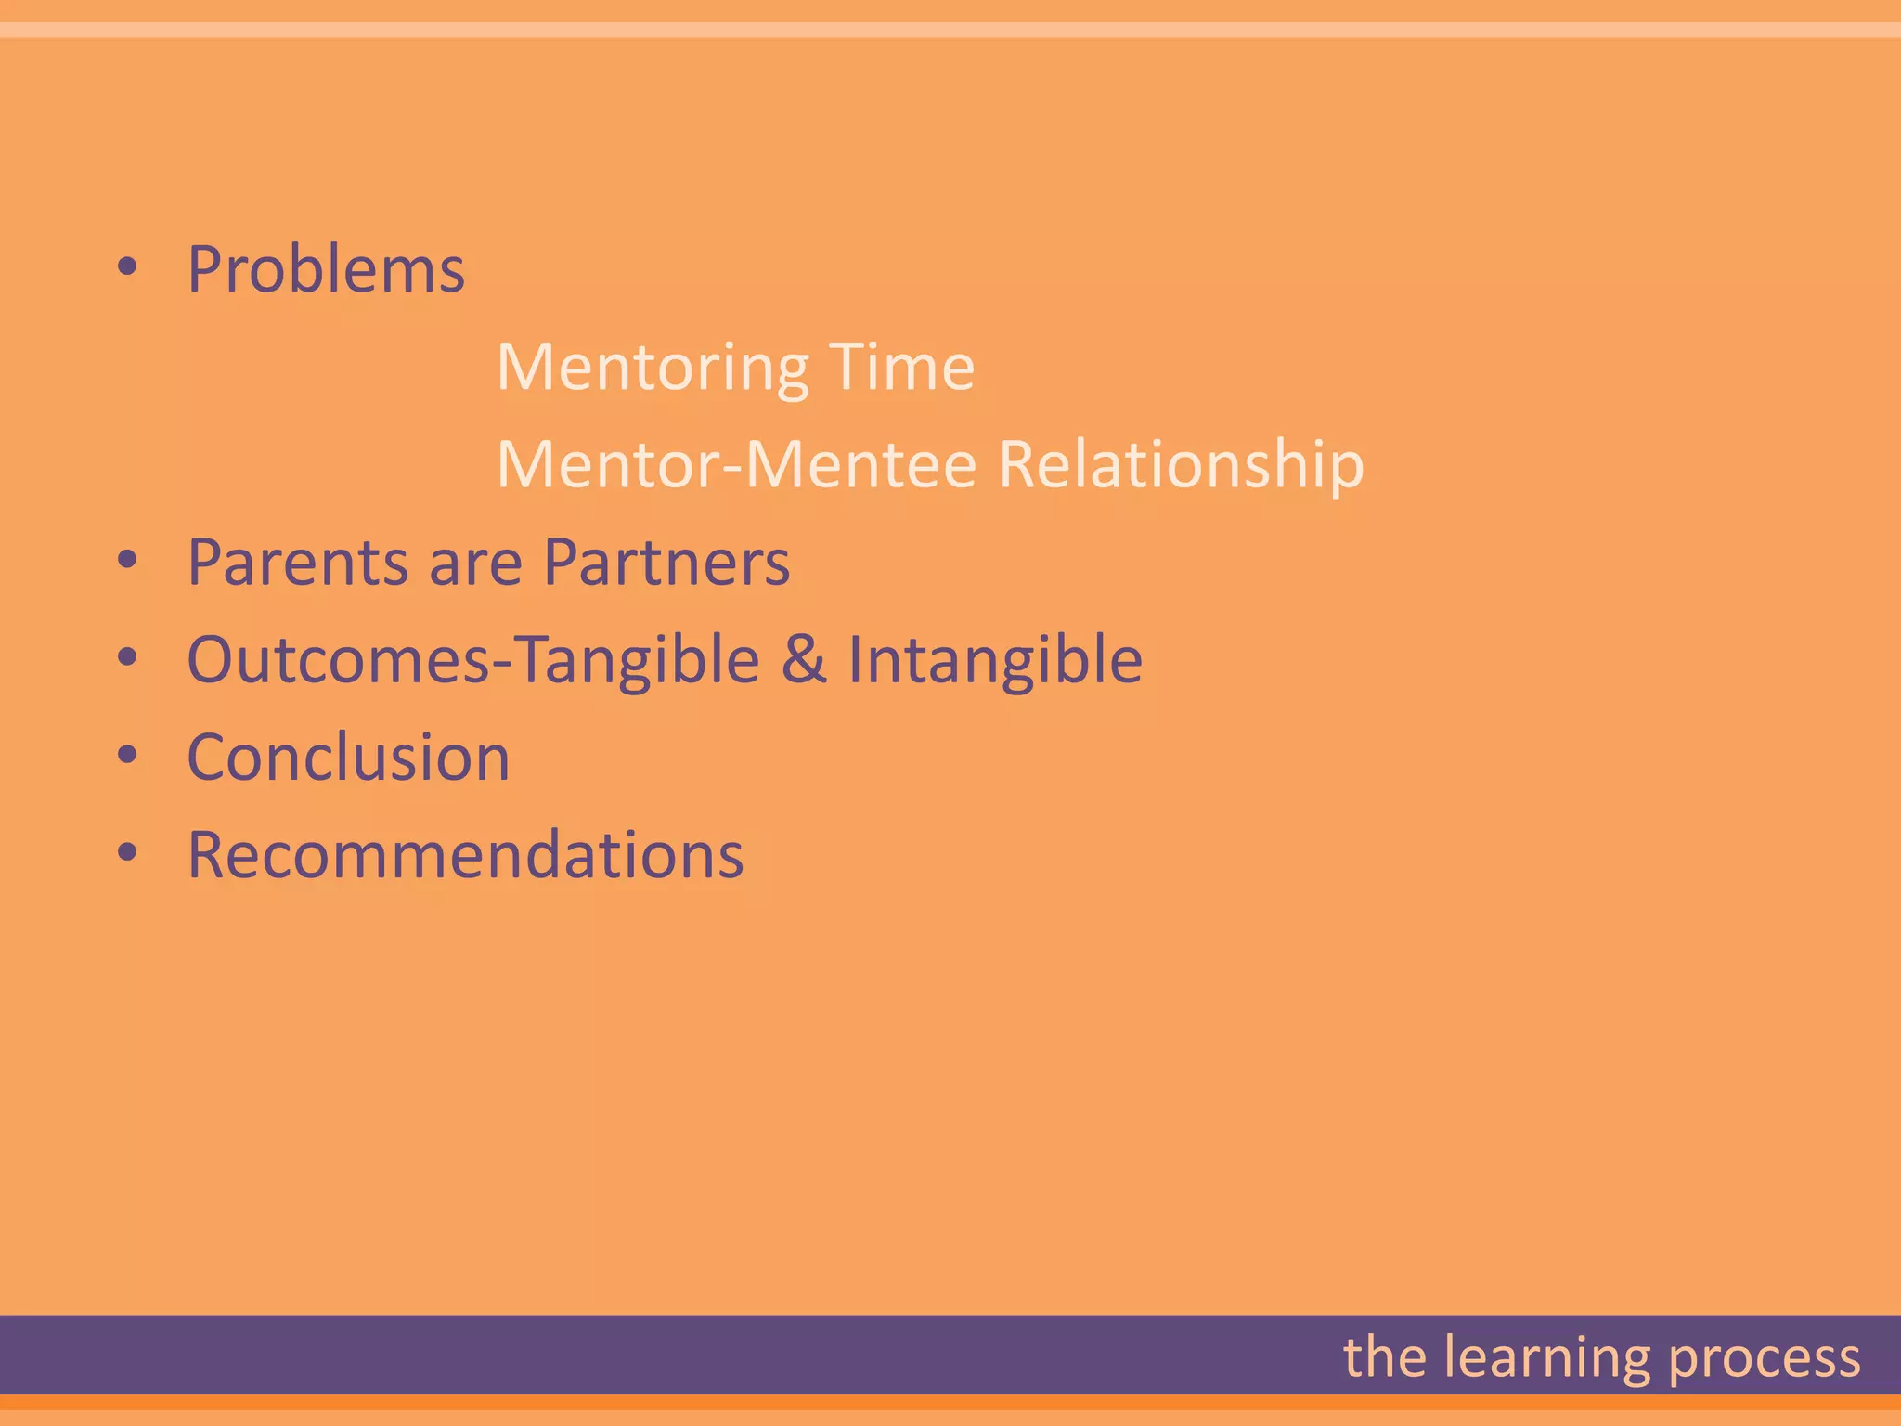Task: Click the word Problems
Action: [x=326, y=270]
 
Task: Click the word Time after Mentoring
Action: [x=901, y=367]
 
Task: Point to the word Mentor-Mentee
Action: [x=737, y=464]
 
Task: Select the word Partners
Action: [x=666, y=564]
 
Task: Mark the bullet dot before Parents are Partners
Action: [x=128, y=561]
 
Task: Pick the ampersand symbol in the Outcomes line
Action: [x=804, y=660]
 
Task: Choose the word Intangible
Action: [x=995, y=661]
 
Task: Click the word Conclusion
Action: [x=349, y=758]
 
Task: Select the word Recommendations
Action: [x=465, y=855]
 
